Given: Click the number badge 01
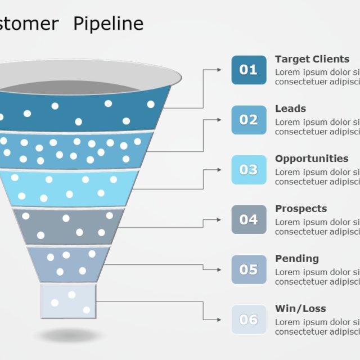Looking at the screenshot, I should (249, 70).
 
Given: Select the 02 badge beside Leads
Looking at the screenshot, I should (249, 120).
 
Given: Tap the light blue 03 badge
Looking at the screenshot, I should (249, 170).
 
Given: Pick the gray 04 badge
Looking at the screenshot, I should (249, 219).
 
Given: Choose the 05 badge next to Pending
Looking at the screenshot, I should (249, 269).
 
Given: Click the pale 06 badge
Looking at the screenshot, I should (249, 319).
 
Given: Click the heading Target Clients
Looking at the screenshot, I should (312, 59).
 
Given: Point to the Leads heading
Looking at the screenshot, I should (290, 109).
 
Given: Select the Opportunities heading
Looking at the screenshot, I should (312, 159).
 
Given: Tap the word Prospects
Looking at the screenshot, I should (300, 209).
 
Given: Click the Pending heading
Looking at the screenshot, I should (296, 259).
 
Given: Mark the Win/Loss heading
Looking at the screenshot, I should (300, 309).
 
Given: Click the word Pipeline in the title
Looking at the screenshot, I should (109, 24).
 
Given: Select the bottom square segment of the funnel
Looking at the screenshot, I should (69, 301).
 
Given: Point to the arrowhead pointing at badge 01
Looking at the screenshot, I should (219, 70).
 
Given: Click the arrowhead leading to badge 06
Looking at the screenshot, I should (219, 319).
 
